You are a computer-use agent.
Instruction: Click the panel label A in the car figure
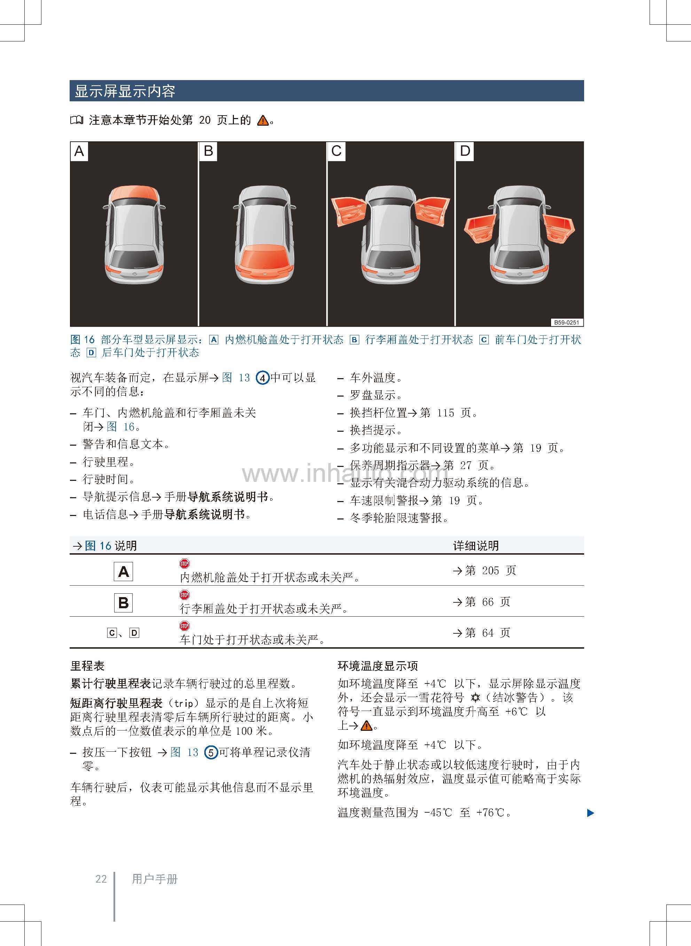(79, 151)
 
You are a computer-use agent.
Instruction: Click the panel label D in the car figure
(465, 151)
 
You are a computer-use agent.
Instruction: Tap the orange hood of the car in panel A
(134, 193)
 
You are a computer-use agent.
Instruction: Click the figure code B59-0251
(566, 322)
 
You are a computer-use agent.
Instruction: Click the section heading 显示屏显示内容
(125, 91)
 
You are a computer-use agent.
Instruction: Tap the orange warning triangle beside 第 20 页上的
(263, 121)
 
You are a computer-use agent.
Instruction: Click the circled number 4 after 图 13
(262, 378)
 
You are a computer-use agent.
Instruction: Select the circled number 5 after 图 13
(211, 753)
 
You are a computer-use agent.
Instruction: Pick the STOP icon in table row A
(184, 564)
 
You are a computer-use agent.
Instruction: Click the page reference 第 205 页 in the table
(485, 570)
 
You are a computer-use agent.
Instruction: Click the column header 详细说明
(476, 546)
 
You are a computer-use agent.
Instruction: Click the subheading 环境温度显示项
(377, 666)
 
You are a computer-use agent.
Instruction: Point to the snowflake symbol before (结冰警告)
(475, 698)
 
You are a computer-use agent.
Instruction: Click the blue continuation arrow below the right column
(590, 813)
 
